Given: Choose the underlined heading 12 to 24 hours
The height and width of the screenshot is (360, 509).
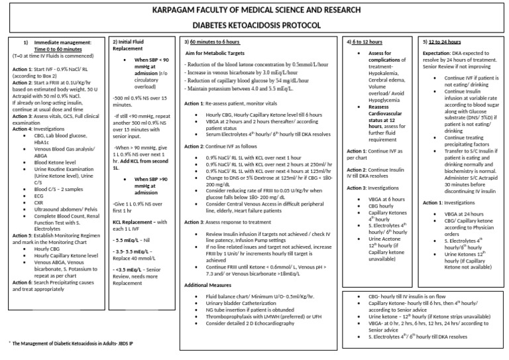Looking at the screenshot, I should click(445, 42).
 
